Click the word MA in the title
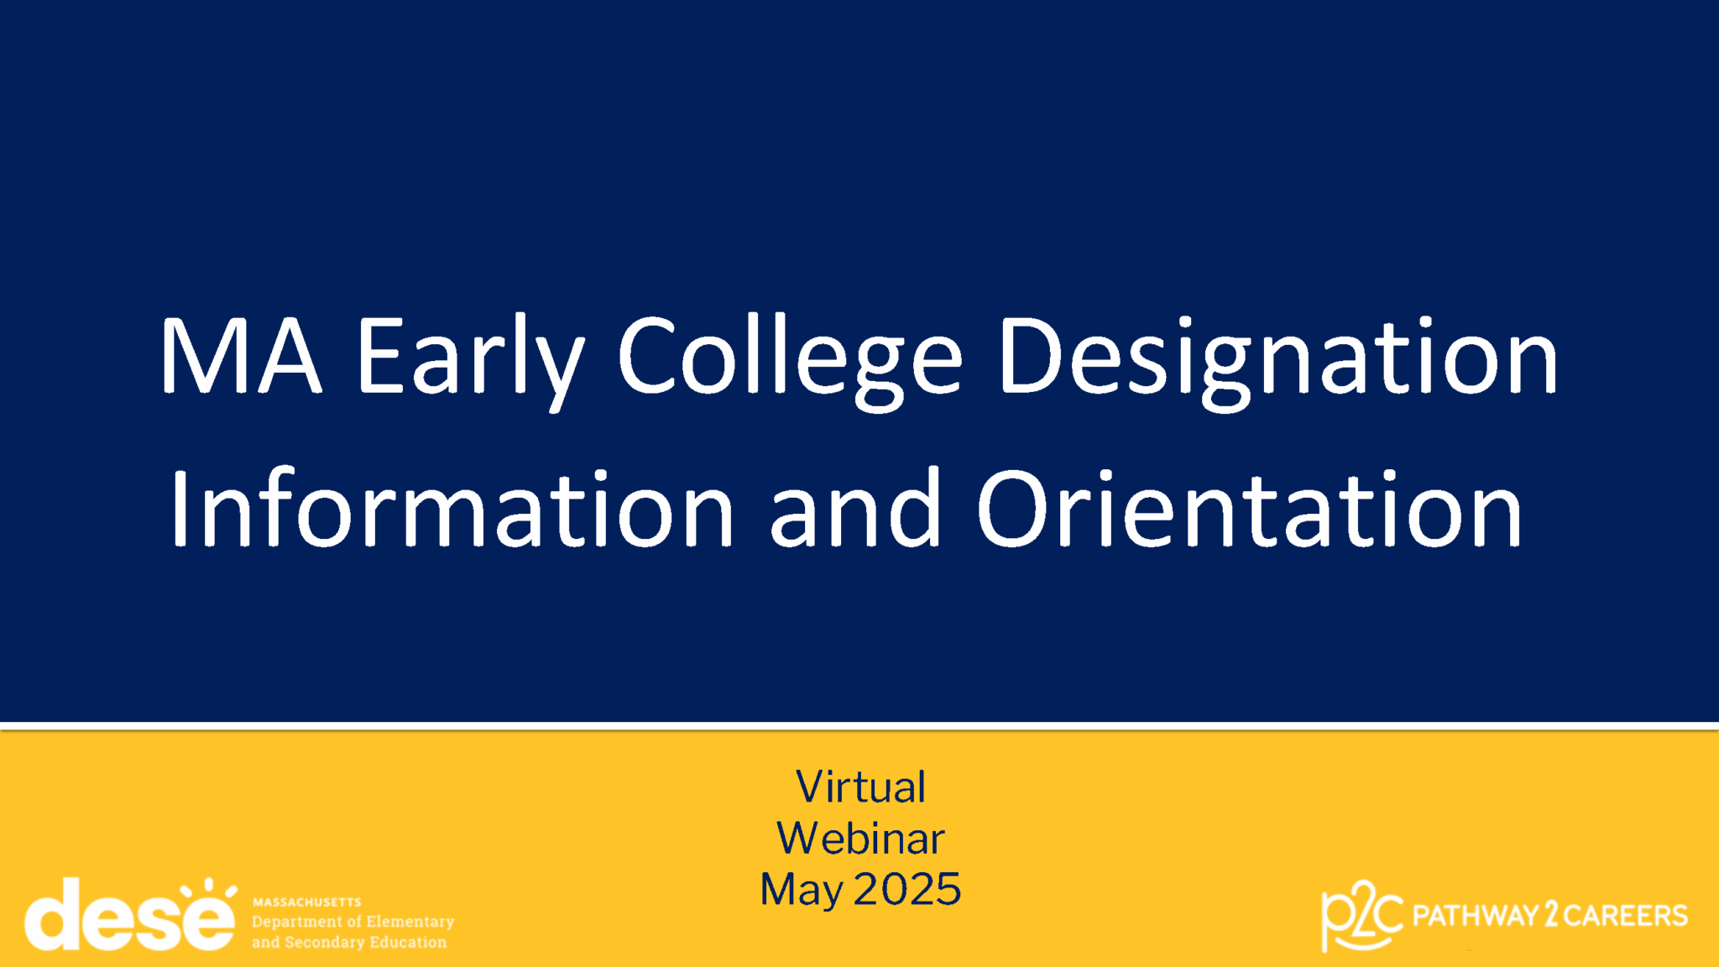[x=240, y=357]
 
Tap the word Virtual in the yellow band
[x=860, y=787]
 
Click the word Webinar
[x=860, y=839]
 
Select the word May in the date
[x=802, y=891]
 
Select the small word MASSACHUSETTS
[x=307, y=902]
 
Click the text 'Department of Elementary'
[x=353, y=922]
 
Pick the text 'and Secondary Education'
[x=349, y=943]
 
